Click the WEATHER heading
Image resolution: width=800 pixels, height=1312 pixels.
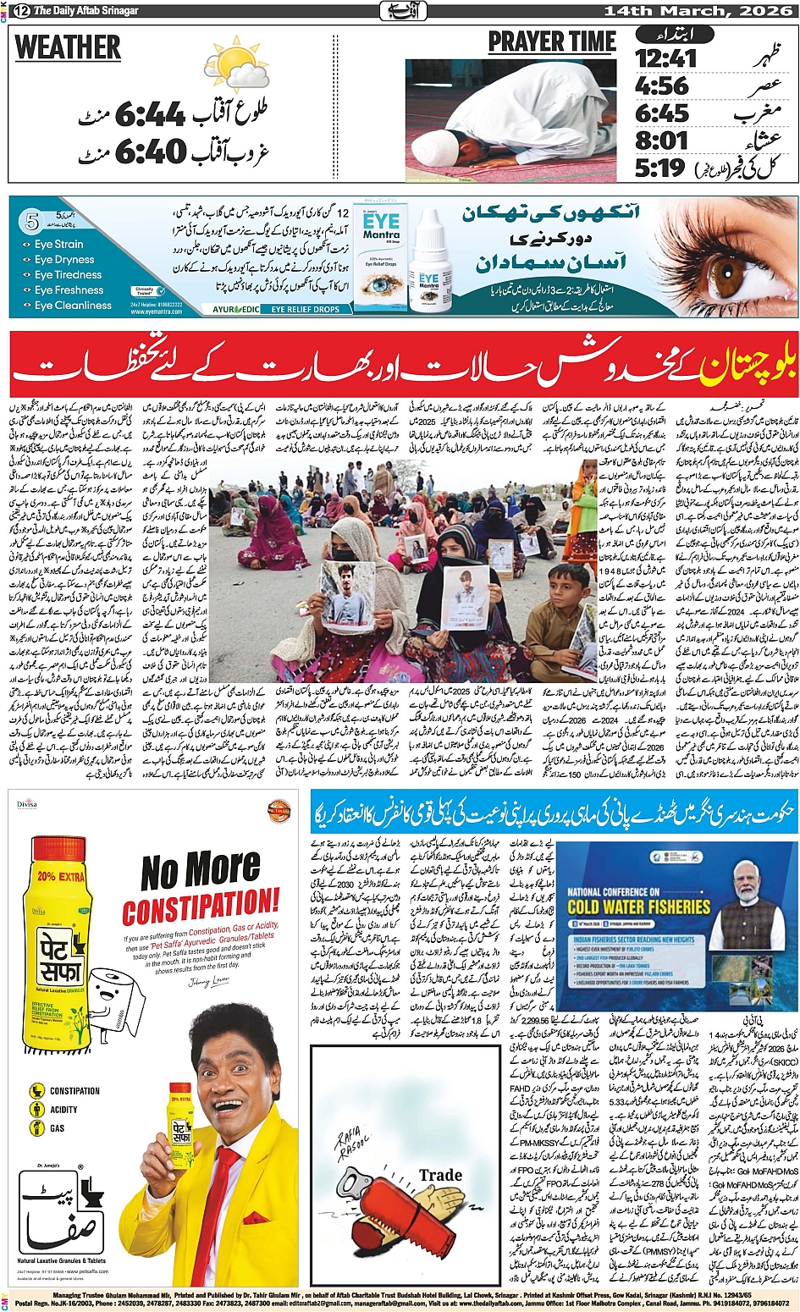[68, 48]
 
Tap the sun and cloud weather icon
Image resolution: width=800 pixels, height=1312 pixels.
[235, 65]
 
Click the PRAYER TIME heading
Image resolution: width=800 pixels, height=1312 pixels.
[551, 41]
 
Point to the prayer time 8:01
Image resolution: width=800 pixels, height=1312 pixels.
[660, 140]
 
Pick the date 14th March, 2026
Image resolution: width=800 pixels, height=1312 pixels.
[698, 10]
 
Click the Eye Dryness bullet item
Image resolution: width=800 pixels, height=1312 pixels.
[64, 260]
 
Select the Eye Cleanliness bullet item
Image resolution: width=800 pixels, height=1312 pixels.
[73, 306]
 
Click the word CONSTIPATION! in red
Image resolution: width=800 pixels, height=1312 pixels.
[200, 907]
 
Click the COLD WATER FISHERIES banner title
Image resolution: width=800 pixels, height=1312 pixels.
[638, 907]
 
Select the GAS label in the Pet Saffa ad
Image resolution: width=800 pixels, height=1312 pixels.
[58, 1127]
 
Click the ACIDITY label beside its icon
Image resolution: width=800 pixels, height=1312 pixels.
[63, 1110]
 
